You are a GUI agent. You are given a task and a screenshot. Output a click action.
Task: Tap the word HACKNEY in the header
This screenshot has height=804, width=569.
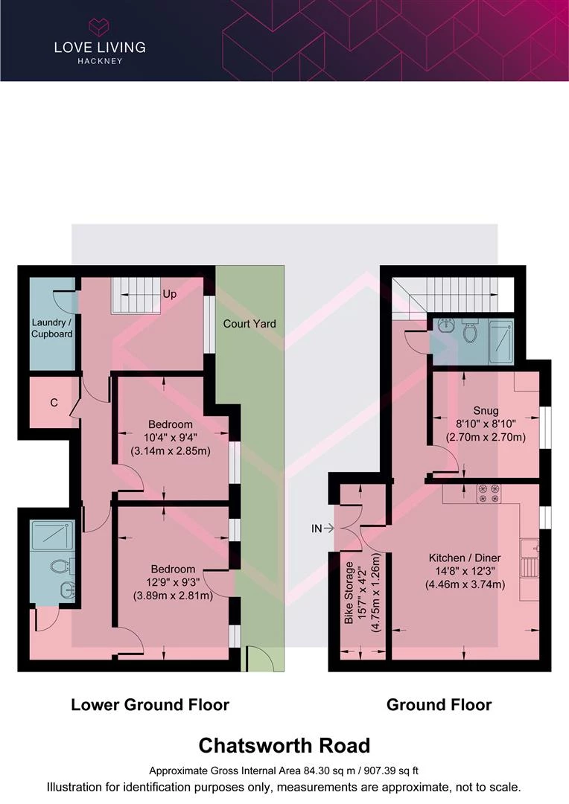(100, 61)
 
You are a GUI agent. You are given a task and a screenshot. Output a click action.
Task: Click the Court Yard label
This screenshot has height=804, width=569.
(249, 324)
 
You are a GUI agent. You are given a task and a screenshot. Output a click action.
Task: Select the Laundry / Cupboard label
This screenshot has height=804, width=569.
(52, 328)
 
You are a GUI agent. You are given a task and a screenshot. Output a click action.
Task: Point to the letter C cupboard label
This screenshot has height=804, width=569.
(54, 403)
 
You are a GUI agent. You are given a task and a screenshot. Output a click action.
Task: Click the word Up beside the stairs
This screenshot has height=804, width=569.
(169, 294)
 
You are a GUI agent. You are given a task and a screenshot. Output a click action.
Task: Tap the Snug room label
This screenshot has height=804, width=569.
(486, 411)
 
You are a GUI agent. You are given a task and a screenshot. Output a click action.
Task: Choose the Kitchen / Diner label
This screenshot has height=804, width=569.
(465, 558)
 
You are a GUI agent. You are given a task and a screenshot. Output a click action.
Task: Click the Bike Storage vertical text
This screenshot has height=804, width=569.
(349, 593)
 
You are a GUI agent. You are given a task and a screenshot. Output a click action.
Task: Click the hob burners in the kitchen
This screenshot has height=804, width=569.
(489, 494)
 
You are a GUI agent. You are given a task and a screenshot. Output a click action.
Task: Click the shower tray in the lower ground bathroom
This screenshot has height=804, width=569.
(52, 535)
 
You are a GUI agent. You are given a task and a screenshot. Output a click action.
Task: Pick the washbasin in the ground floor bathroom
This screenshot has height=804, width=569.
(446, 325)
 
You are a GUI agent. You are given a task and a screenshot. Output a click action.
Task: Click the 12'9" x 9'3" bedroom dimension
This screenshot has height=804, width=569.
(173, 582)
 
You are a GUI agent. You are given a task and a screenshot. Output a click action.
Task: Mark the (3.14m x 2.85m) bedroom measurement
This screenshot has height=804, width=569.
(171, 452)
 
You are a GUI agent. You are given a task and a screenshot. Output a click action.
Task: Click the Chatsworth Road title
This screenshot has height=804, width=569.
(284, 745)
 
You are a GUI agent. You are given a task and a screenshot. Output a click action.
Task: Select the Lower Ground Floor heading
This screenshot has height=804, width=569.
(150, 705)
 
